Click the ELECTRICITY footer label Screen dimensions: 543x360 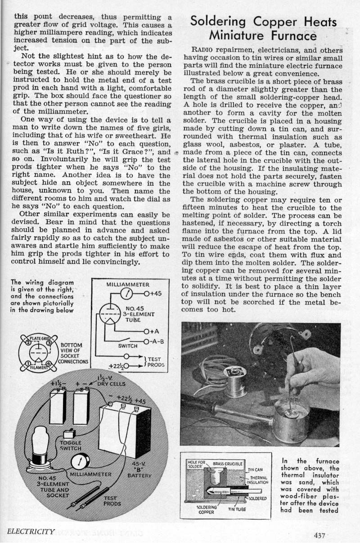31,531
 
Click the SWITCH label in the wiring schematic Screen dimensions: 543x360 128,346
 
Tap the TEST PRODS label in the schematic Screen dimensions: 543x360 156,362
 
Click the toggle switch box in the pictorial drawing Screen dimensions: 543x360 69,435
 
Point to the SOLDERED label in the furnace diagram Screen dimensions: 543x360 258,498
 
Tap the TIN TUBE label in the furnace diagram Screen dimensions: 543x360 238,509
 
